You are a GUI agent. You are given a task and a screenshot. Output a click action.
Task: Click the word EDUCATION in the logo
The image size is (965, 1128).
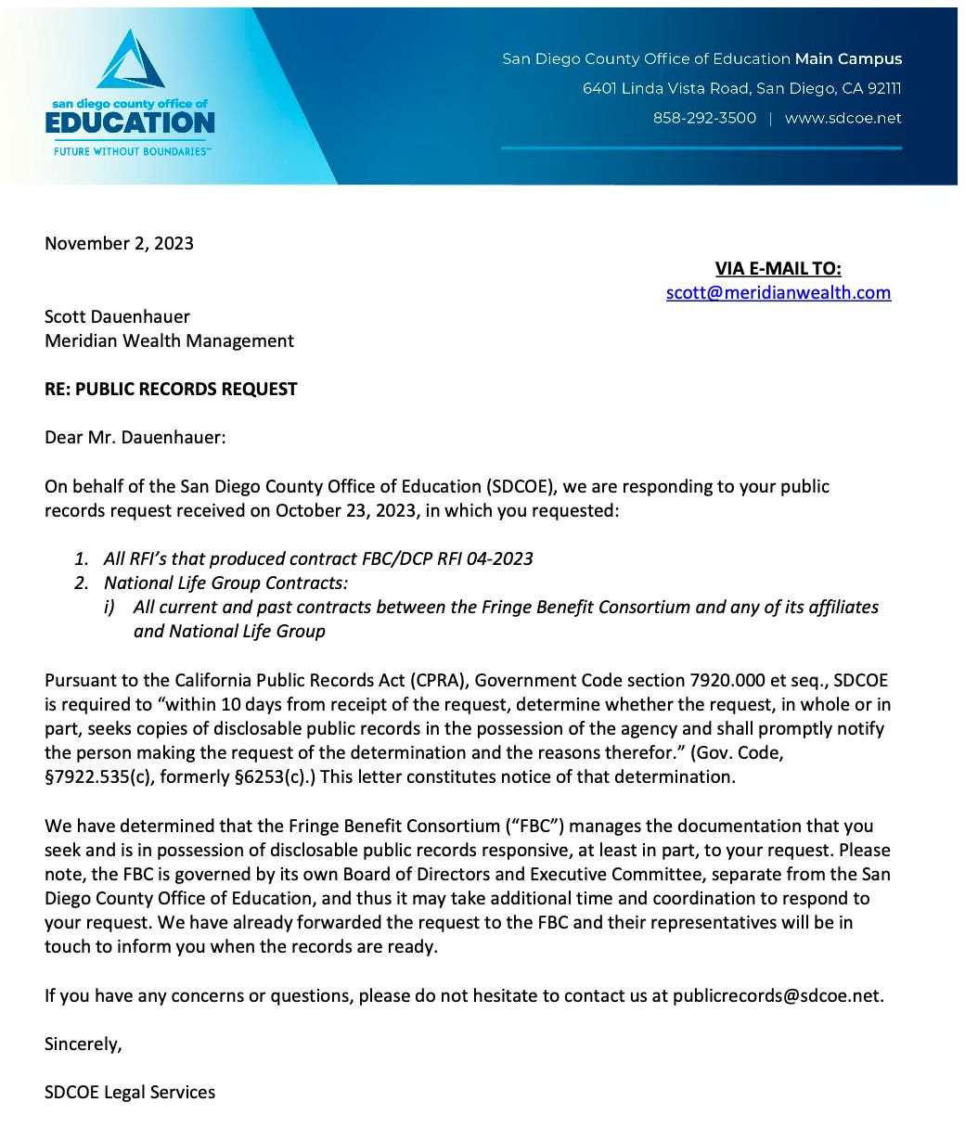click(130, 122)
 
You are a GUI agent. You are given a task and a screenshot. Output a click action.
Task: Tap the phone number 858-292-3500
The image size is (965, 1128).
click(704, 118)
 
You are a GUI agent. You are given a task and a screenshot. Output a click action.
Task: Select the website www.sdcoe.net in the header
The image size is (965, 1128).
click(843, 118)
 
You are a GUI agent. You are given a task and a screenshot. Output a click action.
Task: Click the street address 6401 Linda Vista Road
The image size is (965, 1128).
click(666, 88)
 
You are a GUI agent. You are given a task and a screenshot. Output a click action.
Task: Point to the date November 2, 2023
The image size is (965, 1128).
click(119, 243)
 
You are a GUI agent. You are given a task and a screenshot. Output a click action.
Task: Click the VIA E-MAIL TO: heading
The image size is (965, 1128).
click(778, 268)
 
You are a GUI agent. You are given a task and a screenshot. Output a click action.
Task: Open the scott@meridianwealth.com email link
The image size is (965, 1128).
click(778, 292)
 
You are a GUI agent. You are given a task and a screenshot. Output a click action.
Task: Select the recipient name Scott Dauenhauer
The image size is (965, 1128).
click(117, 316)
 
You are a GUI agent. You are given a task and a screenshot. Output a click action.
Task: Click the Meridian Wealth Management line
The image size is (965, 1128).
click(169, 340)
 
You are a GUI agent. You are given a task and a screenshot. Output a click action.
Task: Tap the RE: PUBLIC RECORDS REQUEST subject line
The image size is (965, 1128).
click(171, 389)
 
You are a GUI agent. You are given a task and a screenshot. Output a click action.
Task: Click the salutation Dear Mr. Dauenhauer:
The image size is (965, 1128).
click(135, 437)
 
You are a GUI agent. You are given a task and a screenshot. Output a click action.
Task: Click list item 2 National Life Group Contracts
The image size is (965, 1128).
click(225, 583)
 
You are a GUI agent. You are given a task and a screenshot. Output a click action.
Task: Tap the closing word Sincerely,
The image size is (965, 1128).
click(83, 1044)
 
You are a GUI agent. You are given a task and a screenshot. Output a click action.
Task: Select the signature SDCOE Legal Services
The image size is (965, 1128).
click(130, 1092)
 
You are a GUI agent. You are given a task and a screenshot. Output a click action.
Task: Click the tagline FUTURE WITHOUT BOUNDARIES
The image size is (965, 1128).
click(130, 150)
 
